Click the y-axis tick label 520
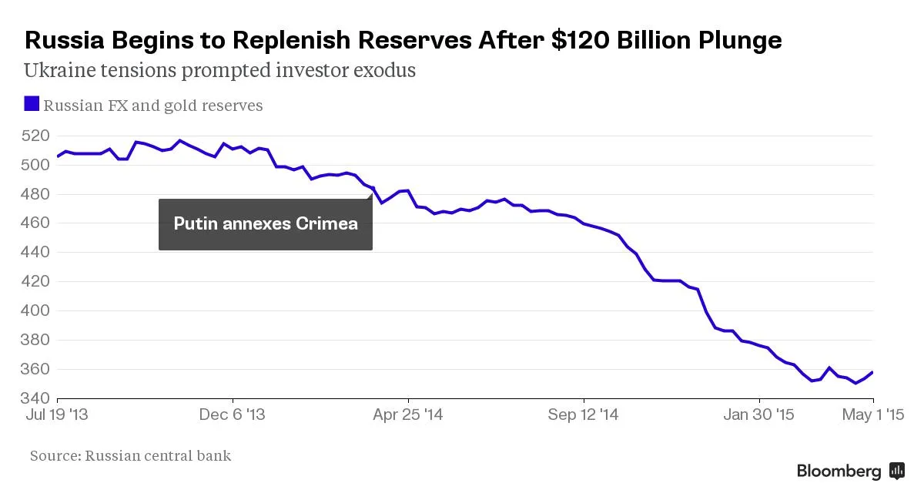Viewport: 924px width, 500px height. click(x=36, y=136)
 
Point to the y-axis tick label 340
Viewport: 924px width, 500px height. click(x=36, y=398)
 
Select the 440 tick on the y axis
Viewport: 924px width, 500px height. click(x=36, y=253)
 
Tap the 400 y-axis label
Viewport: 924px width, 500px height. click(x=36, y=311)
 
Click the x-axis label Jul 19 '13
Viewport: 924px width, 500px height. click(x=56, y=415)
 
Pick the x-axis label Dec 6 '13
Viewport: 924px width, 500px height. click(x=232, y=415)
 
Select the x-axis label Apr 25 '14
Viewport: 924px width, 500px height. click(x=407, y=415)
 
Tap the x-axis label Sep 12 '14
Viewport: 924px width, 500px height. click(x=583, y=415)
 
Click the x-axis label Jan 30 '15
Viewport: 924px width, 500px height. click(x=758, y=415)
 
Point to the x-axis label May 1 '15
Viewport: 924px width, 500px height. click(x=873, y=415)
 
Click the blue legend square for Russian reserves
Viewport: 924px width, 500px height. click(x=32, y=104)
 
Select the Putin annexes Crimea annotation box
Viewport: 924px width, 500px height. click(x=265, y=224)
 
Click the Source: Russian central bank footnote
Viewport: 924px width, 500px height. click(x=130, y=456)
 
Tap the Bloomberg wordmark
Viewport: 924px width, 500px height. click(x=839, y=471)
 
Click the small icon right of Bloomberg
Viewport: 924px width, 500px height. click(x=896, y=471)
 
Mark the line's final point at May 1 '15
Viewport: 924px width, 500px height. click(x=872, y=372)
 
